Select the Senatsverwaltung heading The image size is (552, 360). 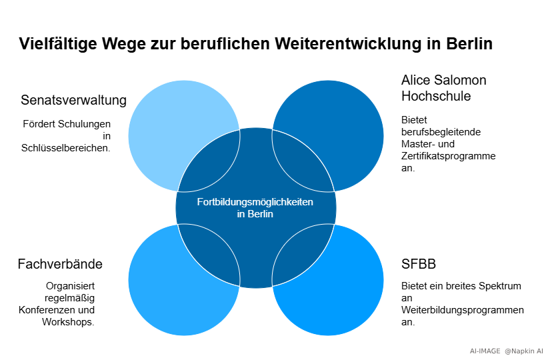coord(73,101)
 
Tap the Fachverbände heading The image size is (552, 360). coord(60,264)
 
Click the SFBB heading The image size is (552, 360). coord(419,264)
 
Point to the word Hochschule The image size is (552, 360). coord(436,96)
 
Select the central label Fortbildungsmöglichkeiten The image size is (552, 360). coord(255,202)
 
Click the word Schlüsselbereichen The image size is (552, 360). coord(65,148)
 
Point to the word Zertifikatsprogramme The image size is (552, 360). coord(448,156)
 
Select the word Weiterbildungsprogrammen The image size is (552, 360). coord(463,310)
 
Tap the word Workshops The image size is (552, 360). coord(73,322)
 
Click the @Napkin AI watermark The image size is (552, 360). coord(524,351)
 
